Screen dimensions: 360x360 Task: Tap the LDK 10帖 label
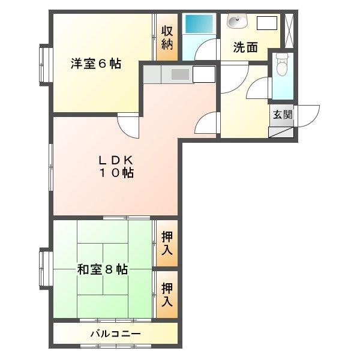(x=116, y=167)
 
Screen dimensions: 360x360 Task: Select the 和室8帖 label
(x=102, y=269)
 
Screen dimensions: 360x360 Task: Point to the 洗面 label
(x=246, y=47)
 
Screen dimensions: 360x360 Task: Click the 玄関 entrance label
(x=283, y=115)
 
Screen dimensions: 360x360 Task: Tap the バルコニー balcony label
(x=115, y=334)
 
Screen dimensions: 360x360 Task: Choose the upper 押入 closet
(x=167, y=243)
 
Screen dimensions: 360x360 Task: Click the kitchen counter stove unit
(x=179, y=74)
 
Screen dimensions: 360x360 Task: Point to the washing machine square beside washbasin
(x=267, y=23)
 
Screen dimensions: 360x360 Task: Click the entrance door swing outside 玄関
(x=308, y=115)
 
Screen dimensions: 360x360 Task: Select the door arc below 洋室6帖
(x=129, y=125)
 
